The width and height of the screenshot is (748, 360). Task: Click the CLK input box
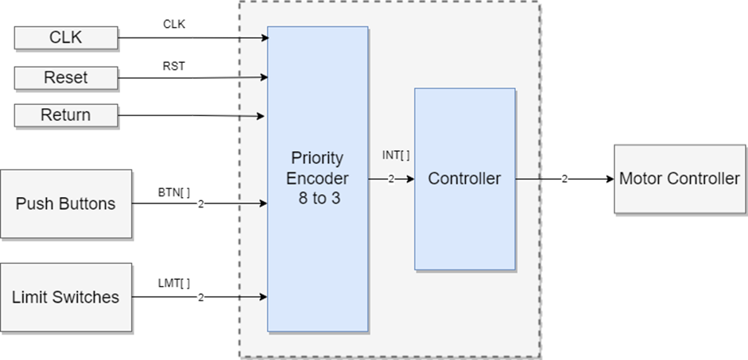click(x=65, y=37)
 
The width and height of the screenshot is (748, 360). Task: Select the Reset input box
click(x=65, y=78)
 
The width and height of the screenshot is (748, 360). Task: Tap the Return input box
click(x=65, y=115)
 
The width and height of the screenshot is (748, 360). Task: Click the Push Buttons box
click(x=65, y=203)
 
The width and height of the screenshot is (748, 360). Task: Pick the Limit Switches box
click(x=65, y=297)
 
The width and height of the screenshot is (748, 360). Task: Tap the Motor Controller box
click(x=680, y=179)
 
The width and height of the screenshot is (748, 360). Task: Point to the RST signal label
click(x=173, y=66)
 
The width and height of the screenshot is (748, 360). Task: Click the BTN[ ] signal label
click(x=174, y=191)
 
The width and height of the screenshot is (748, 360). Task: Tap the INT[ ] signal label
click(x=396, y=156)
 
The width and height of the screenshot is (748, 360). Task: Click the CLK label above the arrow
click(x=174, y=25)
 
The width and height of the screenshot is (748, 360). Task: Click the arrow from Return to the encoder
click(x=191, y=116)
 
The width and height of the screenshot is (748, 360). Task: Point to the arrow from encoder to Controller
click(x=401, y=179)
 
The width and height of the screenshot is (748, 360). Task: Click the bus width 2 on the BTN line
click(x=200, y=204)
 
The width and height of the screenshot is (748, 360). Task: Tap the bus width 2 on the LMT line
click(x=200, y=297)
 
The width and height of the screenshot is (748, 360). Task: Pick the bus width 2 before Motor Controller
click(x=564, y=179)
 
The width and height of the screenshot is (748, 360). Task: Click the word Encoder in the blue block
click(x=317, y=178)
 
